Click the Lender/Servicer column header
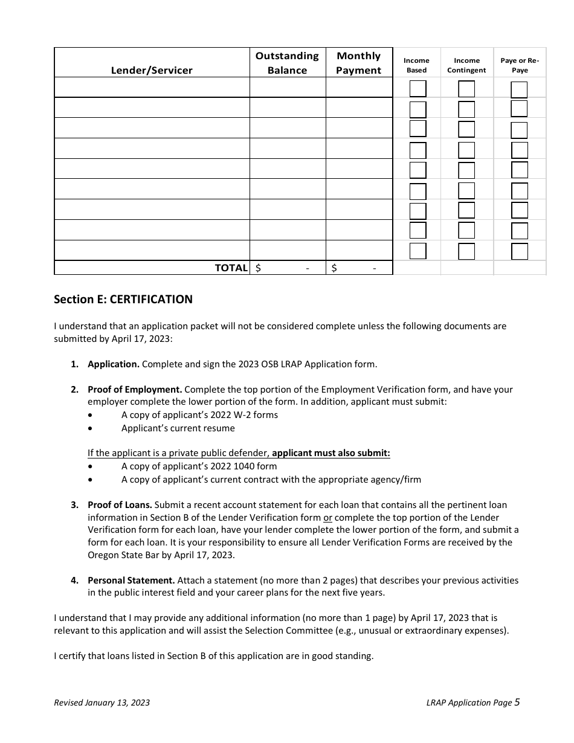(x=152, y=70)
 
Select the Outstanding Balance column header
(x=287, y=63)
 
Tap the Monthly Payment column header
(x=358, y=63)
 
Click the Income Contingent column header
(x=466, y=65)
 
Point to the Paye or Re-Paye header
(x=520, y=65)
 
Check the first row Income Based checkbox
(x=418, y=89)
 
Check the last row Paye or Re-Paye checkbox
(x=519, y=251)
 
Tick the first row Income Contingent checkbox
(x=466, y=89)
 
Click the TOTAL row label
(x=231, y=268)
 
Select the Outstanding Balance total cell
(x=287, y=268)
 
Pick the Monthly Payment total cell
(x=358, y=268)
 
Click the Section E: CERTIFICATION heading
(x=123, y=299)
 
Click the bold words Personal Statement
(x=131, y=580)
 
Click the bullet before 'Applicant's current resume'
(x=91, y=428)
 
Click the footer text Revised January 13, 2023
(x=102, y=703)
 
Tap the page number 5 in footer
(x=517, y=702)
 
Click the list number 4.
(x=74, y=580)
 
